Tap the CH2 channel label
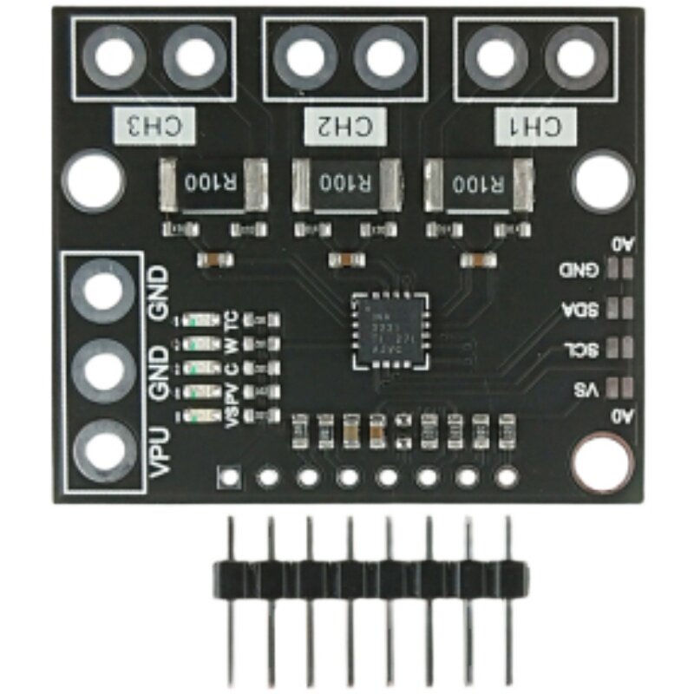coord(344,127)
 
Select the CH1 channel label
coord(535,127)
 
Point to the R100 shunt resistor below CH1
coord(477,184)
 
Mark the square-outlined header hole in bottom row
coord(228,475)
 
